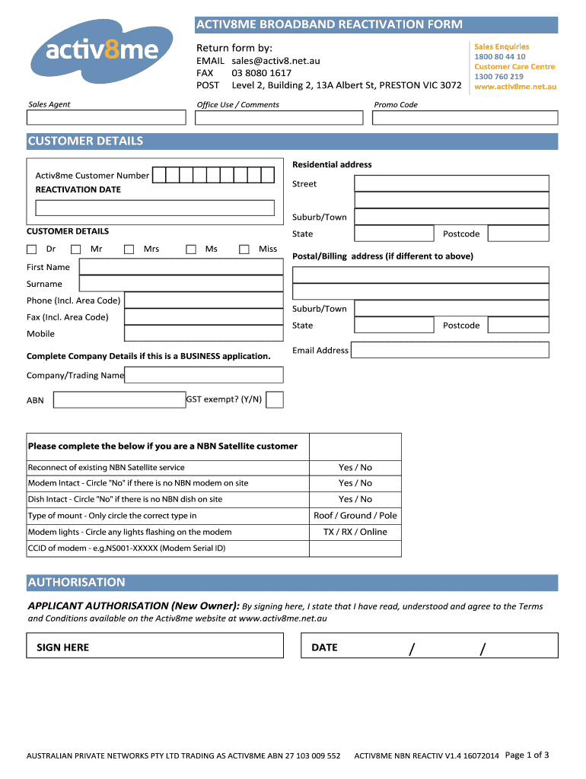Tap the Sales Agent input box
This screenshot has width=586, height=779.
tap(106, 117)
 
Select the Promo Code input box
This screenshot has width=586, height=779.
tap(464, 117)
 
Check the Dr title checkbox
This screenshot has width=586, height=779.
tap(32, 249)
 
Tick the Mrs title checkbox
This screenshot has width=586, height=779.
tap(129, 249)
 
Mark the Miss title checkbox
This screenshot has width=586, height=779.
tap(244, 249)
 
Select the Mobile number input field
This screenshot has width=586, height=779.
tap(203, 333)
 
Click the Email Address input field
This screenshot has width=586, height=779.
tap(449, 350)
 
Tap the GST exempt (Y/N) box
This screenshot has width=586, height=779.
tap(275, 399)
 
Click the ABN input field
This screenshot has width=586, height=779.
tap(119, 399)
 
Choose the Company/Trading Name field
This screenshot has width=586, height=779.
tap(203, 374)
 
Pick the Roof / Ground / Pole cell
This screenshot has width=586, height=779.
tap(355, 516)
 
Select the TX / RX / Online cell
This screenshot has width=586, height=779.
tap(355, 532)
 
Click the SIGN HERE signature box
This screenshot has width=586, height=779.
tap(154, 647)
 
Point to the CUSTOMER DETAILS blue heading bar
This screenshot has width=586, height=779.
tap(292, 141)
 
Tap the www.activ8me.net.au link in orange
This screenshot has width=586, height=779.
tap(515, 87)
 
